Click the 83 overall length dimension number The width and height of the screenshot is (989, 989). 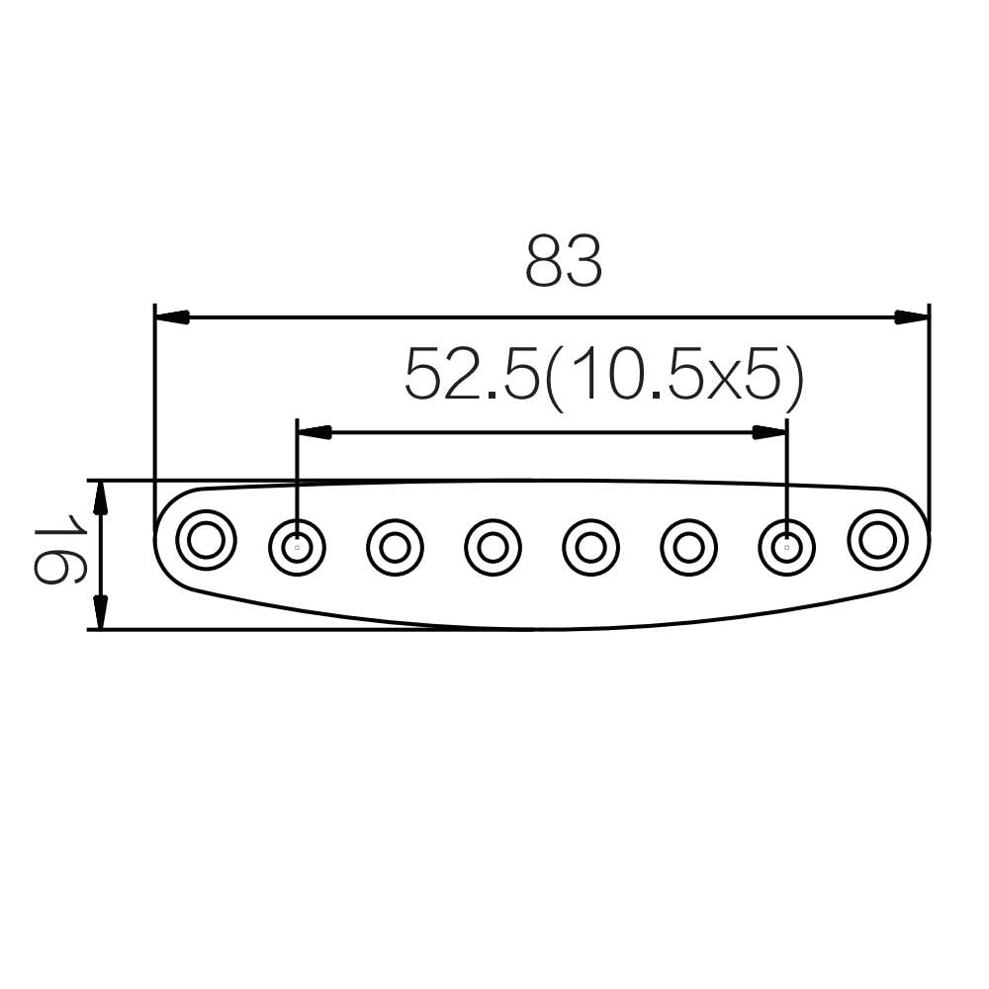tap(563, 262)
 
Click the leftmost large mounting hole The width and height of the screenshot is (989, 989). tap(206, 540)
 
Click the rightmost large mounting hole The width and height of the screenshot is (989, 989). tap(877, 540)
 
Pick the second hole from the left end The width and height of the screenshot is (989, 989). tap(297, 547)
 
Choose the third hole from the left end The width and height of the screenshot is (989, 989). tap(395, 547)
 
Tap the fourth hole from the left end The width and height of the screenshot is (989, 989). tap(493, 547)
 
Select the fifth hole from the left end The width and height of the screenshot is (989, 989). tap(590, 547)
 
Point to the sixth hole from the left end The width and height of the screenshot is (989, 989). tap(688, 547)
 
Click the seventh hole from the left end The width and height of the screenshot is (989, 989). tap(786, 547)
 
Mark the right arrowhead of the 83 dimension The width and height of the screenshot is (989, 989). tap(912, 317)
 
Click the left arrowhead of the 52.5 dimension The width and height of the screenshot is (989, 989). tap(314, 432)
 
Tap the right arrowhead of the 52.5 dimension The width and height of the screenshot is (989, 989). tap(769, 432)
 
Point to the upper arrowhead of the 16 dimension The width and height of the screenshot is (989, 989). tap(100, 497)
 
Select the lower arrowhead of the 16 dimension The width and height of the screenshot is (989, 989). tap(100, 612)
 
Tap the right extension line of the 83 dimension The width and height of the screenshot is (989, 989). tap(930, 415)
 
